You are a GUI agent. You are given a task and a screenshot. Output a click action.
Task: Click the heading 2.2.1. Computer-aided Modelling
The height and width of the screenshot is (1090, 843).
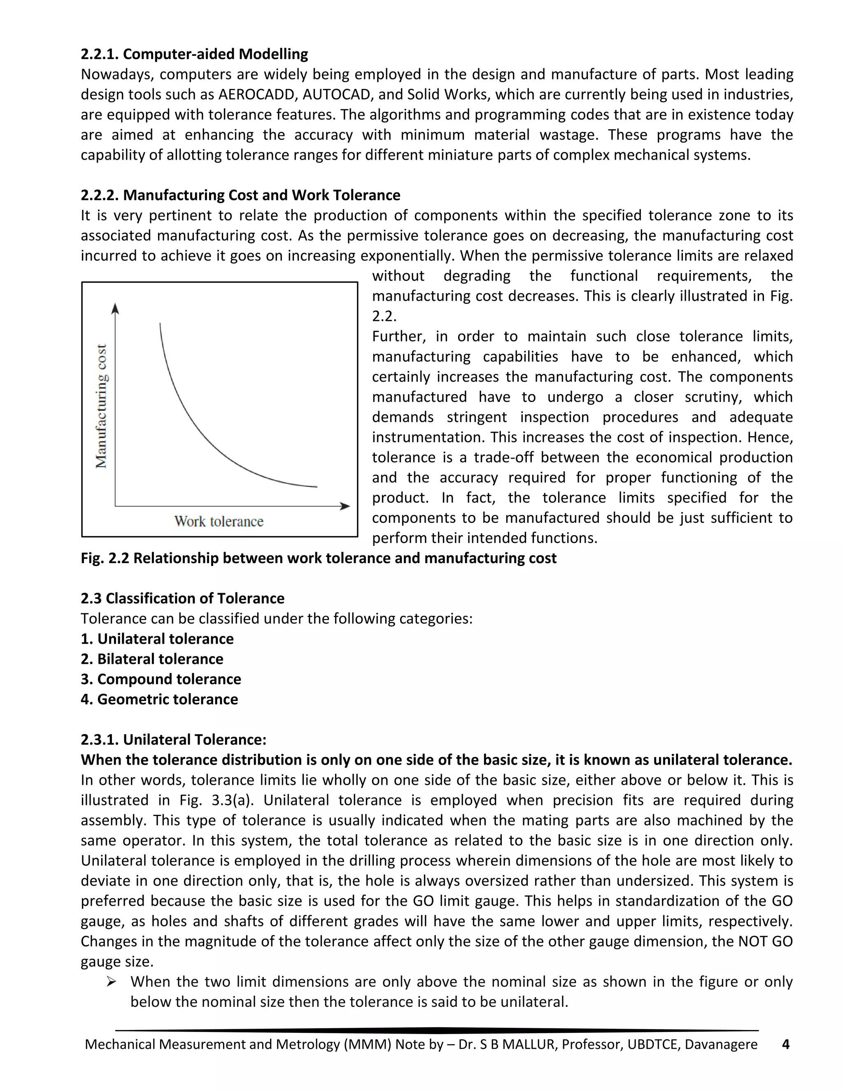[x=194, y=54]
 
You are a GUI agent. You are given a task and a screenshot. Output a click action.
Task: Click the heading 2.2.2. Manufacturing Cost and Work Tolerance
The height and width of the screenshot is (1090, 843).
[x=240, y=195]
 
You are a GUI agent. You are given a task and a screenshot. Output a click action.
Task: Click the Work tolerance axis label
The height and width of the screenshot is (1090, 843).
[x=219, y=522]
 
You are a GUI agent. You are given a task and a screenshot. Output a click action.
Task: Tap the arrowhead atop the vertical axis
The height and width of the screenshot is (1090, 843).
[x=115, y=308]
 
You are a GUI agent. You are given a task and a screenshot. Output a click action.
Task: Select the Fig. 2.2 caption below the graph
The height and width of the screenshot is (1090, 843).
[x=318, y=558]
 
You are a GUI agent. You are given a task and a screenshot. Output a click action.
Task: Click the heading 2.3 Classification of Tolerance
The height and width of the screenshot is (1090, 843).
[x=182, y=598]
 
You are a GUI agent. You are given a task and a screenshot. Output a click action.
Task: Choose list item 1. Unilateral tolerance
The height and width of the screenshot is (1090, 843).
[x=157, y=639]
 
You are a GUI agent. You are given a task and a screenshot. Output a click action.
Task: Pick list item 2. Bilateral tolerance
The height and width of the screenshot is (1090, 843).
[x=152, y=659]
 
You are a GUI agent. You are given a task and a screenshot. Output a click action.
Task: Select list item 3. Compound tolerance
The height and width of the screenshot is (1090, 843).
[x=161, y=679]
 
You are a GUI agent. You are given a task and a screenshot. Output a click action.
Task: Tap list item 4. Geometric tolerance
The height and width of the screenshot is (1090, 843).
[x=159, y=699]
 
